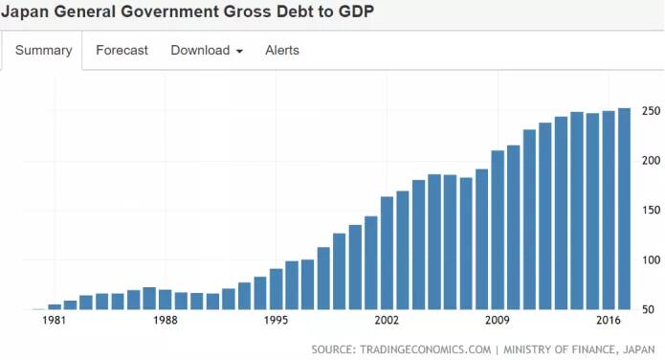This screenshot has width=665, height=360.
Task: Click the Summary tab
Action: point(43,50)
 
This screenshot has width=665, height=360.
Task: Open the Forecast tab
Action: point(122,50)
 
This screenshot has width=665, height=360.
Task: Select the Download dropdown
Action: point(207,50)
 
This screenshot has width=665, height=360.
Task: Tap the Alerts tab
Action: point(282,50)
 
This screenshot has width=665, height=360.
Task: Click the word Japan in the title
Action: point(25,11)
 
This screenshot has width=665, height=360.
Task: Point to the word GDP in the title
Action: point(356,11)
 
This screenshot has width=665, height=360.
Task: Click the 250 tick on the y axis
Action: point(651,111)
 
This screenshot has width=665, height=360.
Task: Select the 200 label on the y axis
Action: point(651,161)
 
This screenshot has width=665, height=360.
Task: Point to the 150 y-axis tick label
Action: point(651,210)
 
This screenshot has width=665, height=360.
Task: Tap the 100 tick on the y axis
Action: point(651,259)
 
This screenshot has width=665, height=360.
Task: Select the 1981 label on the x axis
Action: point(55,320)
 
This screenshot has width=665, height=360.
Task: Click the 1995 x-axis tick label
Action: point(277,320)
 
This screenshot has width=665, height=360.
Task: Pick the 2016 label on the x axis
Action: point(609,320)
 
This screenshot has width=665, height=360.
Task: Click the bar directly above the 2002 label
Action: point(387,253)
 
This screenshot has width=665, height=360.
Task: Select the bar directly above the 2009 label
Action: point(498,230)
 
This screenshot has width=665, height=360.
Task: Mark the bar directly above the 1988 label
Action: point(166,300)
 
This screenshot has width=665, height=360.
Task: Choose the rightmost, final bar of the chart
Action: point(624,209)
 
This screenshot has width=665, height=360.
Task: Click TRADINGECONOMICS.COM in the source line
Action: point(426,349)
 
